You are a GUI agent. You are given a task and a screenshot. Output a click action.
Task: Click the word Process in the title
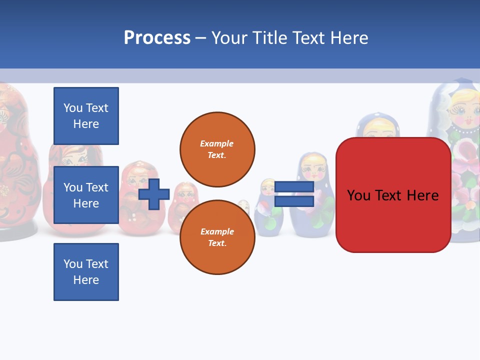[157, 38]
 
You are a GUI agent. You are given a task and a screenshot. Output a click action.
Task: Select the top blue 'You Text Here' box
[86, 116]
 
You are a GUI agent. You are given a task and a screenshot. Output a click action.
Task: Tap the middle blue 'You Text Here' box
[86, 195]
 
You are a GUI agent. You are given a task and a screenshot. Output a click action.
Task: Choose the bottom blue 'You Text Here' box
[86, 272]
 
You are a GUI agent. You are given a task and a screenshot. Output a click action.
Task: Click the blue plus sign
[154, 194]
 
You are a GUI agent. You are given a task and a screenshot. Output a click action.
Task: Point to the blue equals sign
[294, 194]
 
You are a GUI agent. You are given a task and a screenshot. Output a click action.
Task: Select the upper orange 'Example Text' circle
[217, 149]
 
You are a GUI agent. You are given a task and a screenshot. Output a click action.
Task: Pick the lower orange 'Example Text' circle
[217, 237]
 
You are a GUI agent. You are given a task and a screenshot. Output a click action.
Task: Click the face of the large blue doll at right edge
[463, 112]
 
